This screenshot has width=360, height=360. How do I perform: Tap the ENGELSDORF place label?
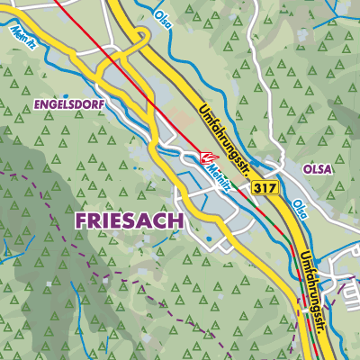69,105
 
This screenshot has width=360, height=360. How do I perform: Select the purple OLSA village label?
318,167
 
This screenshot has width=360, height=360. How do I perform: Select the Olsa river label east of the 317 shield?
300,210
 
